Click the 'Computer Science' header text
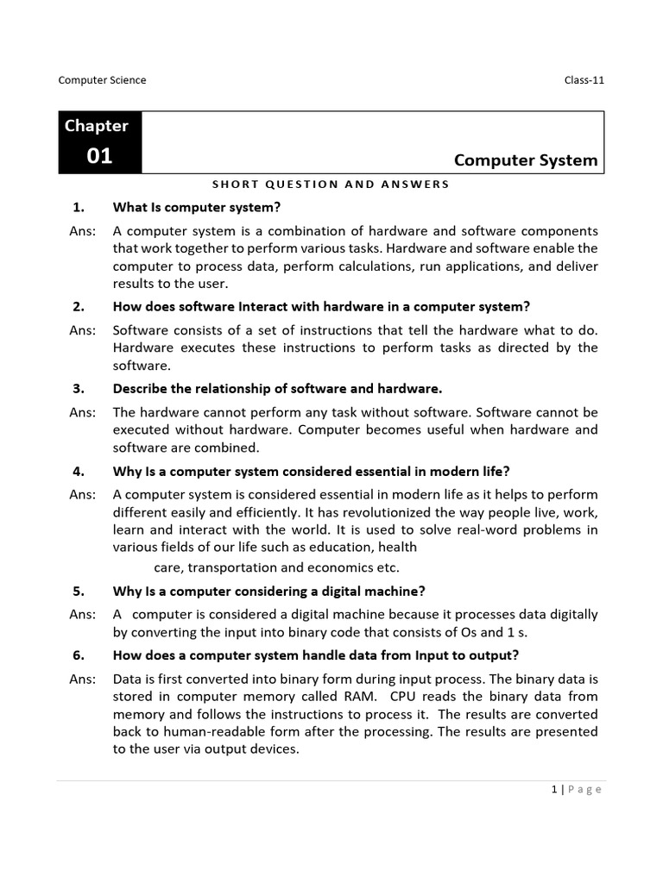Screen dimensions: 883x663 click(x=102, y=80)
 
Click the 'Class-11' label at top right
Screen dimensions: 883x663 click(x=584, y=80)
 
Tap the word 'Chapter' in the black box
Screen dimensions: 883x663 click(x=96, y=126)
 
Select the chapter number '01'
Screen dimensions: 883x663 click(x=98, y=157)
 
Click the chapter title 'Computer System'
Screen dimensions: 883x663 click(x=525, y=160)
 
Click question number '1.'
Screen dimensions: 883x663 click(x=77, y=208)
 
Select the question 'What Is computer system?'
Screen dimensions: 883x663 click(x=198, y=208)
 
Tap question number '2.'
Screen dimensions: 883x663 click(x=77, y=306)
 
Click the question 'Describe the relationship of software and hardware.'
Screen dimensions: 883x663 click(x=277, y=388)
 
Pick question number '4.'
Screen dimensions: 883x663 click(x=77, y=471)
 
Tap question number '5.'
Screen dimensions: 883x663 click(x=77, y=591)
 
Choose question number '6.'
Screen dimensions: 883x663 click(x=77, y=654)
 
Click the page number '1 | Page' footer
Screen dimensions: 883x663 click(x=576, y=790)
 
